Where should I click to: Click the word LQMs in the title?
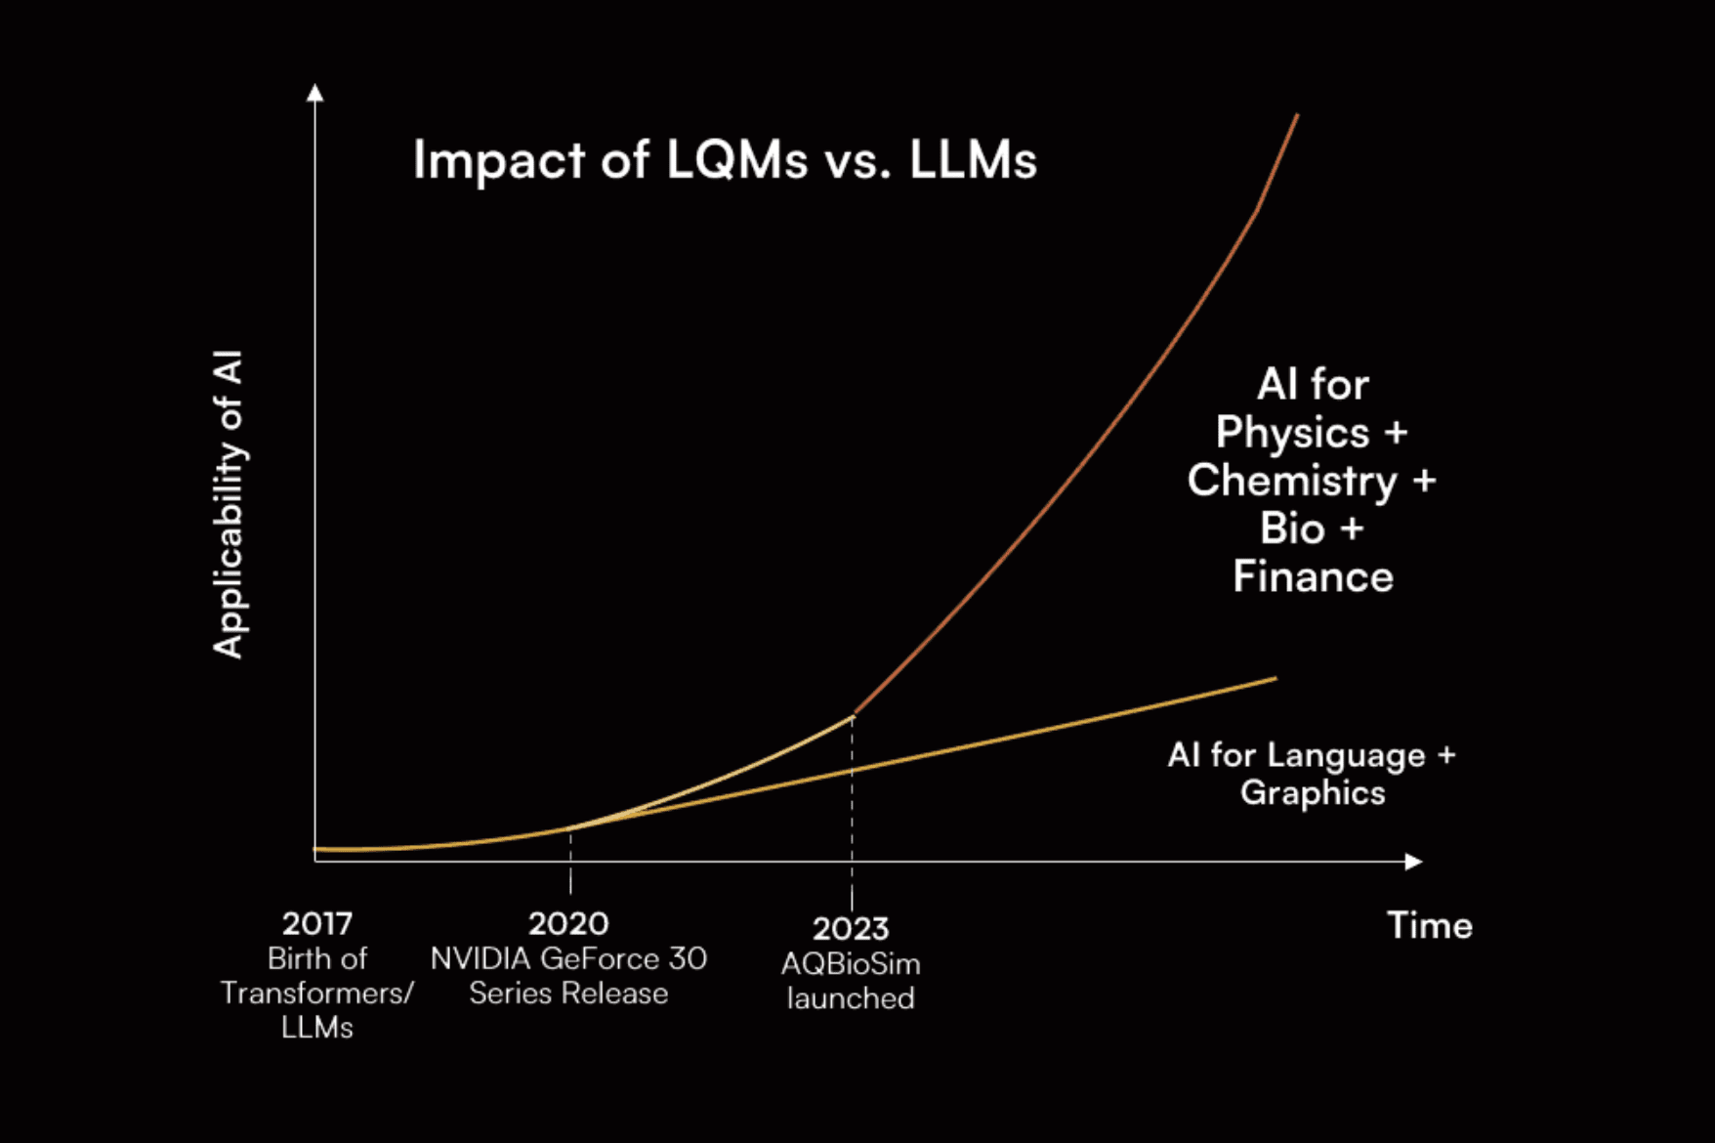coord(737,159)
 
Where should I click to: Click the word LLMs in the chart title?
coord(973,159)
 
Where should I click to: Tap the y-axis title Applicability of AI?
coord(229,504)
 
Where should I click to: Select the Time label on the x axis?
coord(1429,925)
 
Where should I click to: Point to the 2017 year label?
coord(316,923)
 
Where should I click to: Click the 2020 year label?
coord(568,923)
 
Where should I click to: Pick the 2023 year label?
coord(851,928)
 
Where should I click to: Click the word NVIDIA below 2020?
coord(481,958)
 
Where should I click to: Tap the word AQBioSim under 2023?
coord(851,964)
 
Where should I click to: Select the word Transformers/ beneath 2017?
coord(316,994)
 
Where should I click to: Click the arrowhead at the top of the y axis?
coord(314,93)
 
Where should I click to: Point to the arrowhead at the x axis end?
coord(1413,862)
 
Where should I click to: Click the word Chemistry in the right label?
coord(1292,481)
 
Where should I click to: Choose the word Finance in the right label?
coord(1313,576)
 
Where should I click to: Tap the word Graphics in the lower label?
coord(1313,792)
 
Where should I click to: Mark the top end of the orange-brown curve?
coord(1296,116)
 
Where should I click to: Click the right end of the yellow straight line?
coord(1275,679)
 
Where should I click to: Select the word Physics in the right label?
coord(1292,433)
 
